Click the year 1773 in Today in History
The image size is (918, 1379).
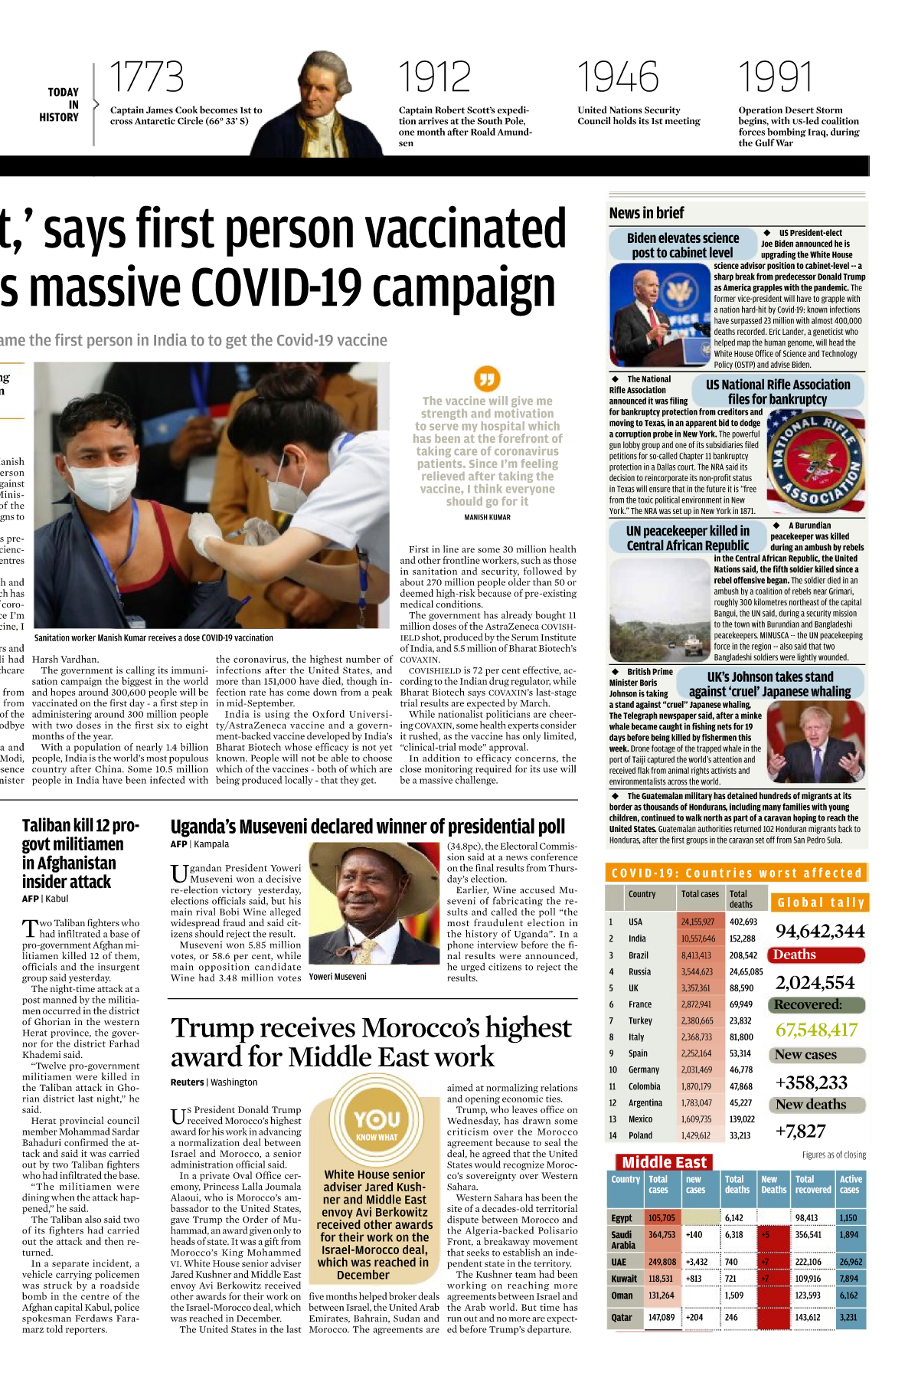point(146,77)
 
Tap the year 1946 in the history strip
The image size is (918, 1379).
point(617,77)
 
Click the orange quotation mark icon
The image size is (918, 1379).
point(487,378)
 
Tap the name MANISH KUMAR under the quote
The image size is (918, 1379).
point(487,517)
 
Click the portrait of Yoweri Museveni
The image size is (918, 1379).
point(374,904)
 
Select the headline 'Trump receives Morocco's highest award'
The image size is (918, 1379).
point(371,1042)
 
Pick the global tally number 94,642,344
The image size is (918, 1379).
point(819,931)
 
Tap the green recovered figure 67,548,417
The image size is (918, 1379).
point(816,1030)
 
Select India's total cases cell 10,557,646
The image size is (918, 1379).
point(698,938)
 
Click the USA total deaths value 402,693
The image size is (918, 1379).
point(743,922)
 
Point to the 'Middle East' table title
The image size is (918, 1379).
point(664,1162)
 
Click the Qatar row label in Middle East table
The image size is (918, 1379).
point(622,1318)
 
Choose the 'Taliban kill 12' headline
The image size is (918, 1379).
point(80,853)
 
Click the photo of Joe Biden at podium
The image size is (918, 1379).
point(660,315)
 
